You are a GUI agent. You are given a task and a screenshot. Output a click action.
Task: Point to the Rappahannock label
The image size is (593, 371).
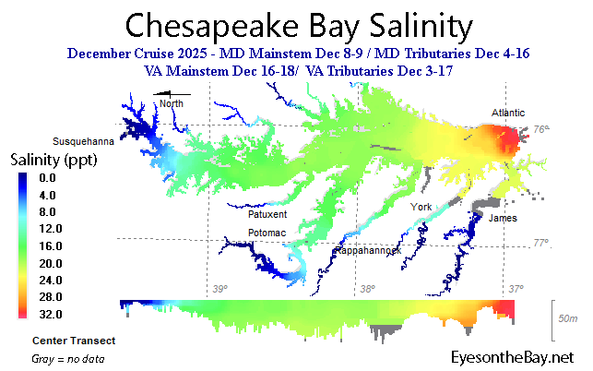pos(366,250)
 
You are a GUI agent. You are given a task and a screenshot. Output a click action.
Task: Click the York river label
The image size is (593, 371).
pos(422,206)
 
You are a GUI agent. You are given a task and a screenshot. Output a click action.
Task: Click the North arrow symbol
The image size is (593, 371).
pos(172,93)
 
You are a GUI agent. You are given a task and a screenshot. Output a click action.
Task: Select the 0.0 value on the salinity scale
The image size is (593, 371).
pos(49,178)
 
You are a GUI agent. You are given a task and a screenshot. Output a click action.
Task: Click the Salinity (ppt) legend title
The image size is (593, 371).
pos(54,161)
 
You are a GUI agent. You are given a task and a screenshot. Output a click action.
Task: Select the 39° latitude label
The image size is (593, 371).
pos(219,290)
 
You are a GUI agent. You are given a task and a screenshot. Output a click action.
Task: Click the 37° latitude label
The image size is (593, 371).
pos(516,290)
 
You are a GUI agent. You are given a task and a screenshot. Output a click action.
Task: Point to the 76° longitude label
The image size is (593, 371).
pos(541,130)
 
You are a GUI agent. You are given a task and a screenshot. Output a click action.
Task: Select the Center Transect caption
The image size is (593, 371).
pos(73,341)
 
